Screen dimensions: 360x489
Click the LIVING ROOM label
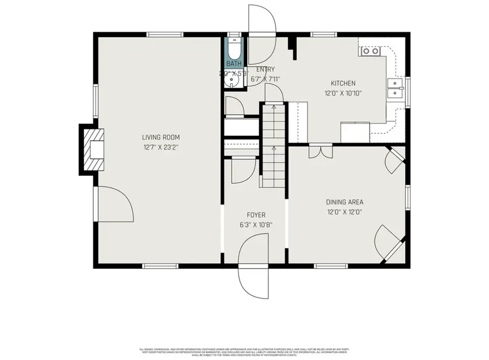point(161,138)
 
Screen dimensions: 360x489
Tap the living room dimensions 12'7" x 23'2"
point(161,147)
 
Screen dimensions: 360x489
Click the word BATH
point(234,64)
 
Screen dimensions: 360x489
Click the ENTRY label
point(265,70)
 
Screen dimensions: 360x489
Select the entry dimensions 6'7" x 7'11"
point(265,79)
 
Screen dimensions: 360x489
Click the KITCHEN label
point(343,83)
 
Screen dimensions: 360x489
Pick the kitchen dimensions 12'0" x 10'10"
point(343,93)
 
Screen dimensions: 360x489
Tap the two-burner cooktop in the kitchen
point(371,51)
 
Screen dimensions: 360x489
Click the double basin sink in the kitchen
point(395,88)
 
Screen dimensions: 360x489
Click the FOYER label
point(256,215)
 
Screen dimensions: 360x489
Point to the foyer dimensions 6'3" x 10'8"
point(256,225)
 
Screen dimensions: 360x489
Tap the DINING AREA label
point(344,202)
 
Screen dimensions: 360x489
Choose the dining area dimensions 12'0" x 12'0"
point(344,212)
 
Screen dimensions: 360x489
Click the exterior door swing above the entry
point(262,27)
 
